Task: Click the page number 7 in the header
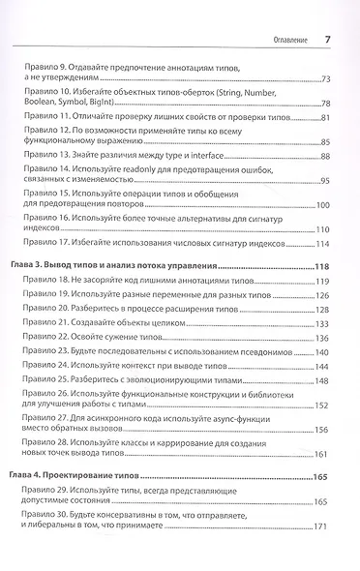[327, 39]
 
